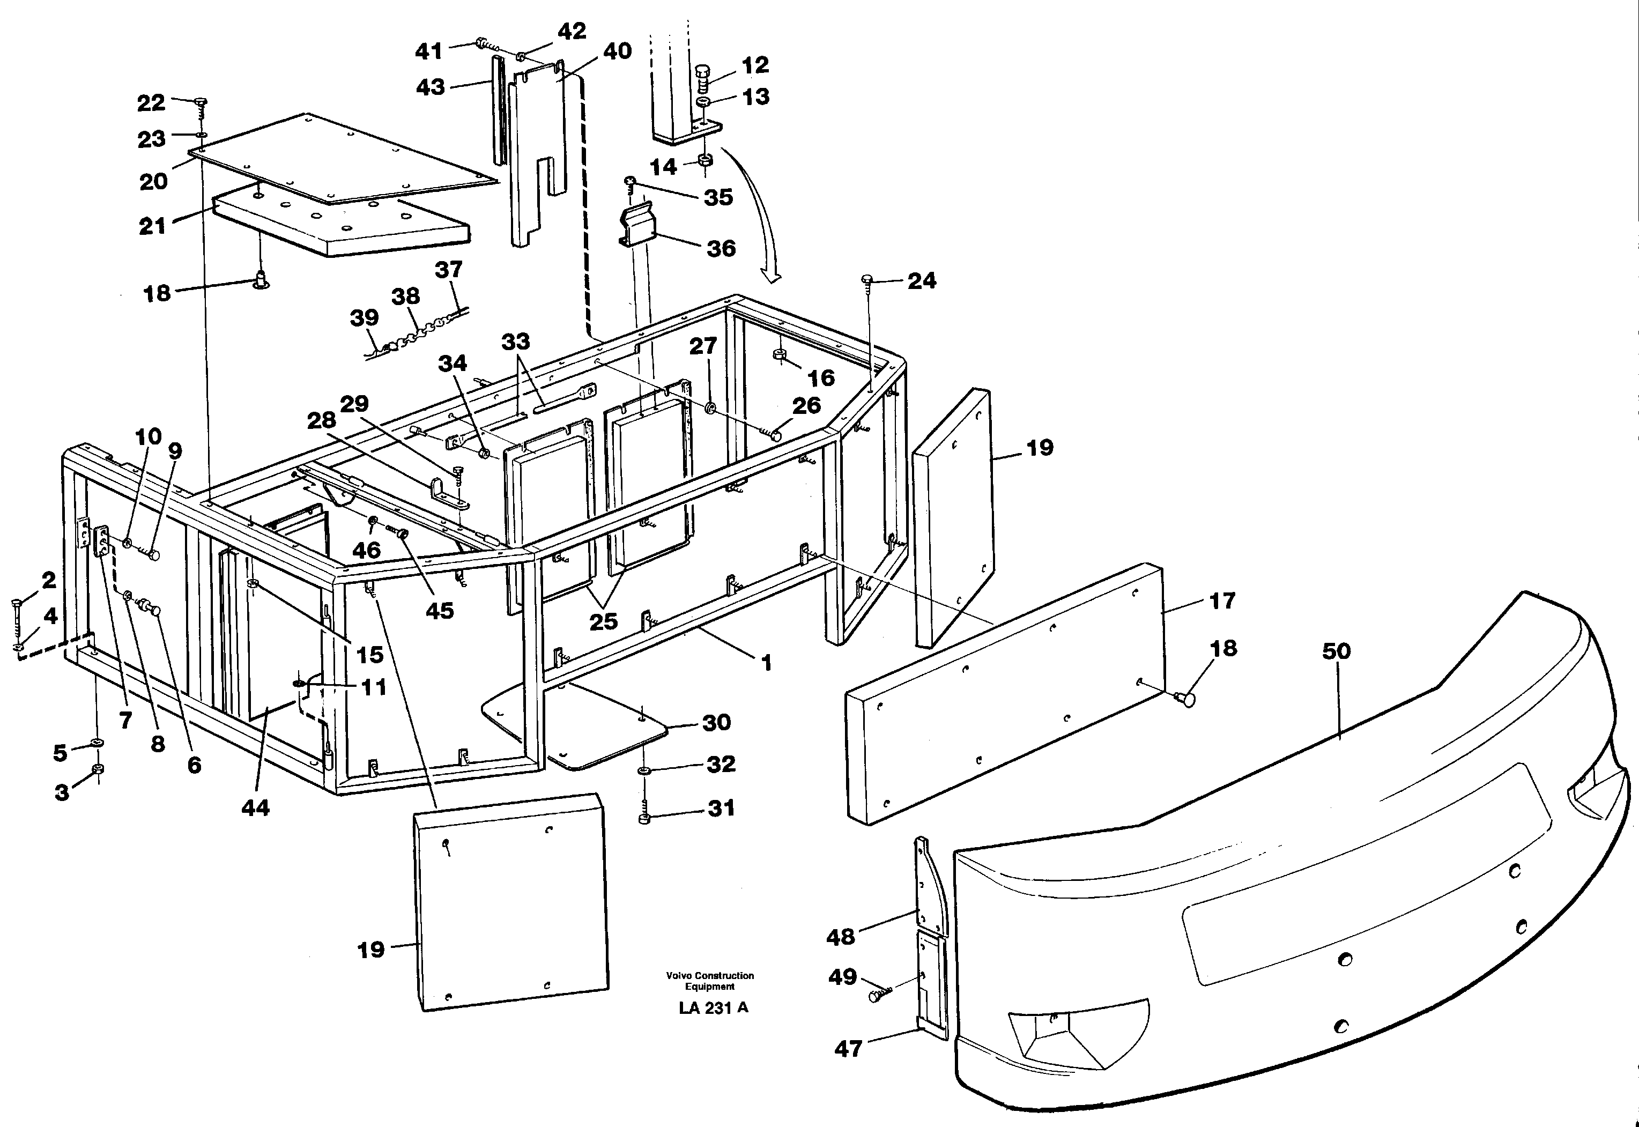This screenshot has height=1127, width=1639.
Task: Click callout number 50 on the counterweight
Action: pyautogui.click(x=1336, y=652)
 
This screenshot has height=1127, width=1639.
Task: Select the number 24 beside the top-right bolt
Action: pyautogui.click(x=922, y=281)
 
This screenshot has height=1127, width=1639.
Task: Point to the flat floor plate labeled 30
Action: pyautogui.click(x=607, y=735)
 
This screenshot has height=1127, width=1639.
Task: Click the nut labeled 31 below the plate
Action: pyautogui.click(x=643, y=818)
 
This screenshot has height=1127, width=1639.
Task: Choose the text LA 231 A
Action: pyautogui.click(x=713, y=1009)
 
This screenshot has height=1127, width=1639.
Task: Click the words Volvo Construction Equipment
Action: pyautogui.click(x=710, y=981)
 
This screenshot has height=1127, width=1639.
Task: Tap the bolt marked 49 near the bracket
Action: pyautogui.click(x=878, y=996)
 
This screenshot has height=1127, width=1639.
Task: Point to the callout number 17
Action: pyautogui.click(x=1222, y=601)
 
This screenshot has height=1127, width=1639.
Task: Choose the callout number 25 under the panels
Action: pyautogui.click(x=603, y=621)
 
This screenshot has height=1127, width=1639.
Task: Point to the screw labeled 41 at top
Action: pyautogui.click(x=483, y=44)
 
